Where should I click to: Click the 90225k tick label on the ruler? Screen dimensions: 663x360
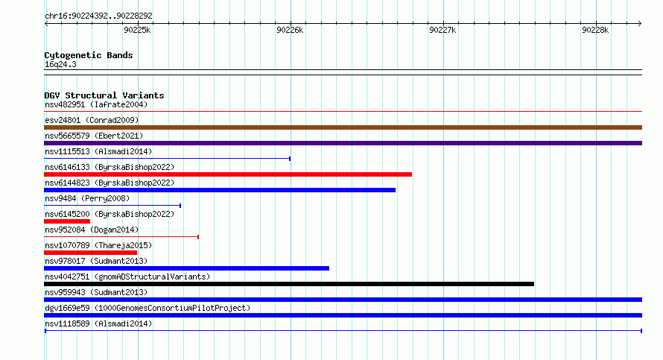(x=137, y=30)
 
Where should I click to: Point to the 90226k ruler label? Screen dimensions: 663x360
(x=290, y=30)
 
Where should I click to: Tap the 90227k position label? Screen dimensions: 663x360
(x=442, y=30)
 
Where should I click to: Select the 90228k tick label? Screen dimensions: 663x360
(x=595, y=30)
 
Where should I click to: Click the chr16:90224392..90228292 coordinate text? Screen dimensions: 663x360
(x=98, y=16)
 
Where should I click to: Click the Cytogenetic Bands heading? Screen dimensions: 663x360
(x=89, y=55)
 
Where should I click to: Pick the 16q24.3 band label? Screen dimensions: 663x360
(x=60, y=64)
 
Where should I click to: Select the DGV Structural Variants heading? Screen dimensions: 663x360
(x=104, y=95)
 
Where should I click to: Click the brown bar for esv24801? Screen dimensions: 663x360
(x=343, y=127)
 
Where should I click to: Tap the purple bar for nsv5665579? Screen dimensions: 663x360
(x=343, y=143)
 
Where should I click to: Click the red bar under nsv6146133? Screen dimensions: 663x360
(x=228, y=174)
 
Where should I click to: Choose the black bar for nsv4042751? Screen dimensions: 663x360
(x=289, y=284)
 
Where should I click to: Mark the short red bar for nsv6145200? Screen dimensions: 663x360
(x=67, y=221)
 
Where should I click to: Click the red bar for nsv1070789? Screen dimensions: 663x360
(x=90, y=253)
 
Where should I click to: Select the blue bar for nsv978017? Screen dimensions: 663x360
(x=186, y=268)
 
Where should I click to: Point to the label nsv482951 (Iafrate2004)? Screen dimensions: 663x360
(x=96, y=104)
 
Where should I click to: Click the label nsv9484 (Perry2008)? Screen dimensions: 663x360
(x=87, y=198)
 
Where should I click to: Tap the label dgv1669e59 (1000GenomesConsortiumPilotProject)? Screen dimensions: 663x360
(x=147, y=308)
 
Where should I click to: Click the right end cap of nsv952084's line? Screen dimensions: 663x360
(x=198, y=237)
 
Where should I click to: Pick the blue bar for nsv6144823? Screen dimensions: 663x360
(x=220, y=190)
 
